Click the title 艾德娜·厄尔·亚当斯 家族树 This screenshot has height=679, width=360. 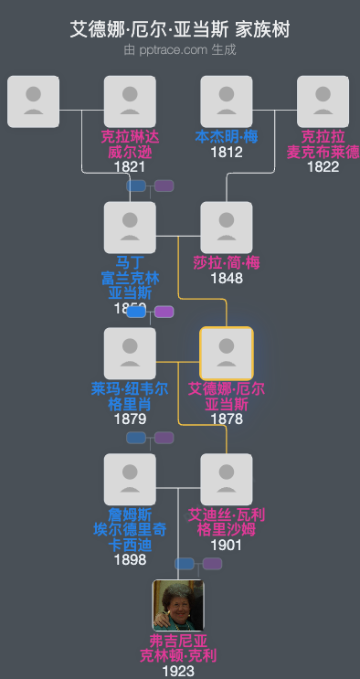click(180, 29)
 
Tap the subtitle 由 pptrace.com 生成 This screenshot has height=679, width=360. click(180, 50)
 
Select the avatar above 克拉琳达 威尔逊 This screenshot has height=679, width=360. click(130, 101)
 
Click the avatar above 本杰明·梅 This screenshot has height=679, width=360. click(227, 101)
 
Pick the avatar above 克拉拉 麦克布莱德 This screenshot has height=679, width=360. click(323, 101)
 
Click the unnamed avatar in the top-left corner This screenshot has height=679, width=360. click(34, 101)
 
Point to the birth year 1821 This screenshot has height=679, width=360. click(130, 166)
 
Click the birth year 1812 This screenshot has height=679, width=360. click(227, 152)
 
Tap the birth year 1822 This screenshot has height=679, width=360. click(323, 166)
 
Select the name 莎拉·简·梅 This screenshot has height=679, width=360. click(227, 263)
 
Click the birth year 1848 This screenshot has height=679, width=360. click(227, 278)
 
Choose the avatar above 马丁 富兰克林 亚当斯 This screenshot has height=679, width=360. click(130, 228)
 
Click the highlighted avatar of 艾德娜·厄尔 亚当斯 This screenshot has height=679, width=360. click(227, 353)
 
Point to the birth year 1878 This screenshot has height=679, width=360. click(227, 419)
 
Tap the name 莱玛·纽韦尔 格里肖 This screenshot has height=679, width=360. click(130, 396)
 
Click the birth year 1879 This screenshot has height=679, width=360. click(130, 419)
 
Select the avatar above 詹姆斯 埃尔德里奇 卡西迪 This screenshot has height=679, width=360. click(130, 479)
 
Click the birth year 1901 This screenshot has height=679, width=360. click(227, 545)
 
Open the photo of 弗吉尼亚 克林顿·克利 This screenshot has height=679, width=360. click(178, 605)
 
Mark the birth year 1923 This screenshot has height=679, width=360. click(178, 671)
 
